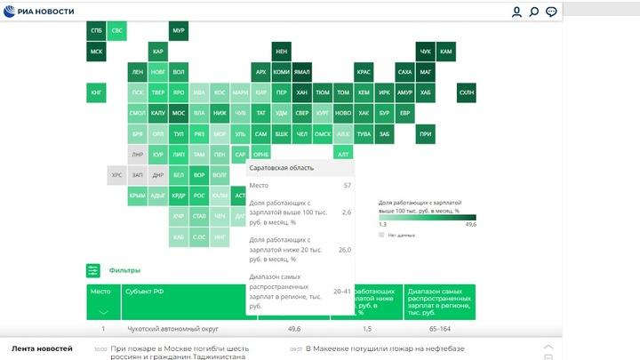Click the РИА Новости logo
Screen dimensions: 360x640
[x=39, y=12]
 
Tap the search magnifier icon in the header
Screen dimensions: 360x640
[x=534, y=12]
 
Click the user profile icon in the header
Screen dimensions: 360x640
[x=516, y=12]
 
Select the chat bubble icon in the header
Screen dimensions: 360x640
[x=552, y=12]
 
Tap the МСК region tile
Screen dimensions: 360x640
[x=95, y=52]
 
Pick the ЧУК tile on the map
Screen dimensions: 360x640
[x=426, y=52]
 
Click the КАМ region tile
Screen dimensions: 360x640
[x=446, y=52]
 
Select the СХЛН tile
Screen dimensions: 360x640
[x=467, y=92]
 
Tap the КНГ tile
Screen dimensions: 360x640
[x=95, y=92]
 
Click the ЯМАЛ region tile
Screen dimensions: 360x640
[x=302, y=72]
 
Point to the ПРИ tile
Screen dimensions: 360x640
[x=426, y=134]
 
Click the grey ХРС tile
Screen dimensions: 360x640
[x=116, y=175]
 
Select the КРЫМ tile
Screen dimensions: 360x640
[x=137, y=196]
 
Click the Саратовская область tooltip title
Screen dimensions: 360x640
[x=281, y=167]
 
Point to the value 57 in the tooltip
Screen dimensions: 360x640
[x=347, y=186]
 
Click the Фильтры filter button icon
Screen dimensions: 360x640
[x=92, y=270]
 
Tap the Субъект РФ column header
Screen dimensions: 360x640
[x=144, y=291]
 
